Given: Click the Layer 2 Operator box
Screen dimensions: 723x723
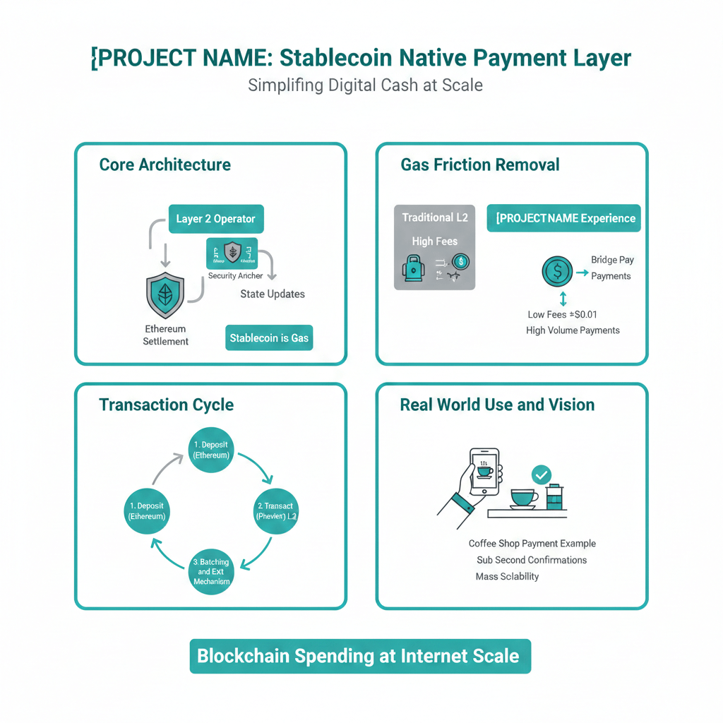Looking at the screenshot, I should [x=215, y=219].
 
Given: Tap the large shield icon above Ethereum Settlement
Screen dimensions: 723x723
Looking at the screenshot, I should [x=165, y=295].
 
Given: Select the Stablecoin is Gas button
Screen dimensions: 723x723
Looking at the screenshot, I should [x=269, y=338].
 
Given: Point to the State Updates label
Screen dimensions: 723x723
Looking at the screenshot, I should [x=273, y=294].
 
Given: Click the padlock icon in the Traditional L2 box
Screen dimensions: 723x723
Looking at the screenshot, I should [x=412, y=270].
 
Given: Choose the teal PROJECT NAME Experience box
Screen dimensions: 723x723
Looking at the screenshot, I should [x=563, y=218].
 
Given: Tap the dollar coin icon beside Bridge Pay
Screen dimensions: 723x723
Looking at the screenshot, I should [x=557, y=271].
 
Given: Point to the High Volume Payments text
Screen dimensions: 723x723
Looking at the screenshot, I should [x=573, y=330].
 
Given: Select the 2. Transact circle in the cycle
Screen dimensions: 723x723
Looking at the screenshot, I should [x=275, y=511].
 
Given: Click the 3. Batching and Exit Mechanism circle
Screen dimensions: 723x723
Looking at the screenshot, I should [x=211, y=572].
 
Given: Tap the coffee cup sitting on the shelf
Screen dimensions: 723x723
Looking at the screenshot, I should [x=523, y=498].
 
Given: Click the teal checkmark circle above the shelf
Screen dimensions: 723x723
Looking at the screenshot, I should [x=542, y=474].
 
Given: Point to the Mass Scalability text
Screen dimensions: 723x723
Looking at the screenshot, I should [x=507, y=576].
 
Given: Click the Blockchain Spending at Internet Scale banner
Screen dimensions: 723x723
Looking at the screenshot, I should [x=360, y=656].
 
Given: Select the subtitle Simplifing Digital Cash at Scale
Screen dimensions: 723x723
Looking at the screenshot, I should [x=365, y=85].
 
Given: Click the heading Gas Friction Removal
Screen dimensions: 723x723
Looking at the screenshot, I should [x=479, y=165].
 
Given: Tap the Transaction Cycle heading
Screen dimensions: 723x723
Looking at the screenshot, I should [x=166, y=405].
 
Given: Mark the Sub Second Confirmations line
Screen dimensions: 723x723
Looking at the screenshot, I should [x=532, y=560].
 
